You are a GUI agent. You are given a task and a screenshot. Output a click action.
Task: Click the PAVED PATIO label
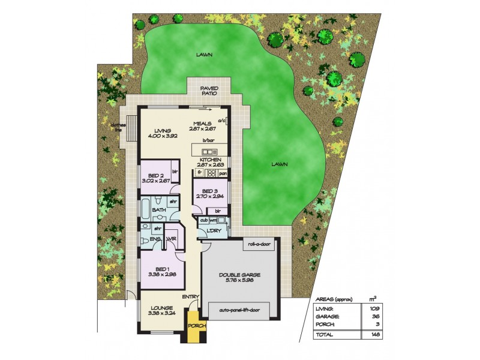pyautogui.click(x=209, y=91)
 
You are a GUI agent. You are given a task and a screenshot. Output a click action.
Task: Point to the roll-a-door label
pyautogui.click(x=259, y=245)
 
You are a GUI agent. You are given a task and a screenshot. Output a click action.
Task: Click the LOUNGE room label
pyautogui.click(x=161, y=307)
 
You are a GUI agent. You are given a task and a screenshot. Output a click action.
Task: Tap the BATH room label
pyautogui.click(x=158, y=210)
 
